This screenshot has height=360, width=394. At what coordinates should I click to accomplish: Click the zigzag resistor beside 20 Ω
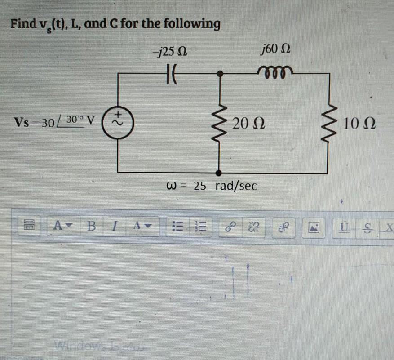pos(219,121)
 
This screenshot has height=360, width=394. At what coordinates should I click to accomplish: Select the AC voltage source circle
pos(118,121)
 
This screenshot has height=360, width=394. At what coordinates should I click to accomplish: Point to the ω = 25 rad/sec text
pos(212,186)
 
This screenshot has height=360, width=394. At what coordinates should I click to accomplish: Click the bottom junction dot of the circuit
pos(219,173)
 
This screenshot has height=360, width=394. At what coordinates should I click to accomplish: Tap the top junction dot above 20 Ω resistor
pos(219,72)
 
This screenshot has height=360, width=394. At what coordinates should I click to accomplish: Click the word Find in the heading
pos(23,24)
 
